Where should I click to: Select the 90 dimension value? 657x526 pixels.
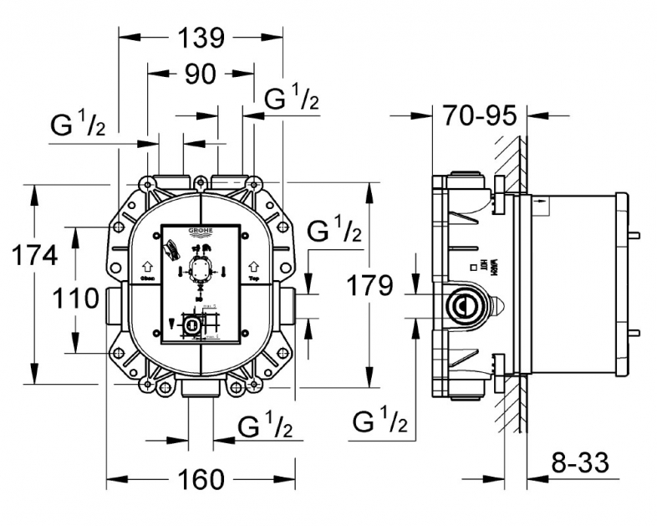[201, 74]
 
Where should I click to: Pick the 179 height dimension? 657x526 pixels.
[370, 286]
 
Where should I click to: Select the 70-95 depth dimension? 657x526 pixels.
[480, 116]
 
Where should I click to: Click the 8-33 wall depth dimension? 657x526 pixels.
[579, 461]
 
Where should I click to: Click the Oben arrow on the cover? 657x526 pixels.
[147, 264]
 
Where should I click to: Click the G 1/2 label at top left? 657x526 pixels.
[78, 126]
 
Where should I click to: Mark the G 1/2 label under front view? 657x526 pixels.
[265, 427]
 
